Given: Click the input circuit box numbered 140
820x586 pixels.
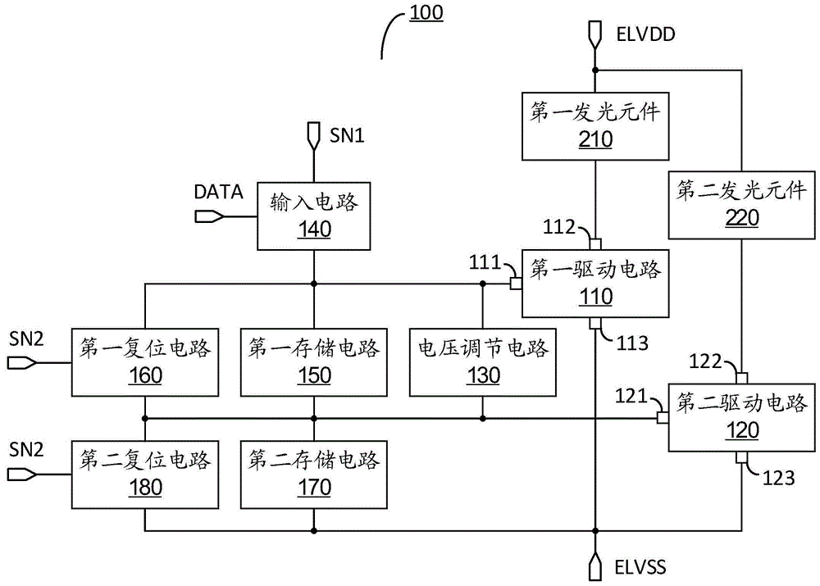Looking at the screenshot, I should click(313, 215).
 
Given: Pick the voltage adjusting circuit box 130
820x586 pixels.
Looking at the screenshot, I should click(482, 361).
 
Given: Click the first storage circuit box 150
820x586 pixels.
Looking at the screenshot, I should click(313, 361).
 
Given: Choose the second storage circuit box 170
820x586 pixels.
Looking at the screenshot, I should click(313, 473).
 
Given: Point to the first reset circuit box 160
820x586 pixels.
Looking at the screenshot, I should click(144, 361).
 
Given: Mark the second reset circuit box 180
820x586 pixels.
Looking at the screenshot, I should click(144, 473).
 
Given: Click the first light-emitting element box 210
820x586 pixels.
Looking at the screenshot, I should click(594, 125).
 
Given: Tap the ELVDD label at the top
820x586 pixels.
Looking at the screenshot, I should click(643, 34).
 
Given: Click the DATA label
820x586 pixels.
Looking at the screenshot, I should click(218, 192).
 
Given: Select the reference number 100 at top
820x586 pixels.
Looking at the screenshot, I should click(424, 13).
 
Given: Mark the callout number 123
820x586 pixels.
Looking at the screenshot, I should click(778, 478).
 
